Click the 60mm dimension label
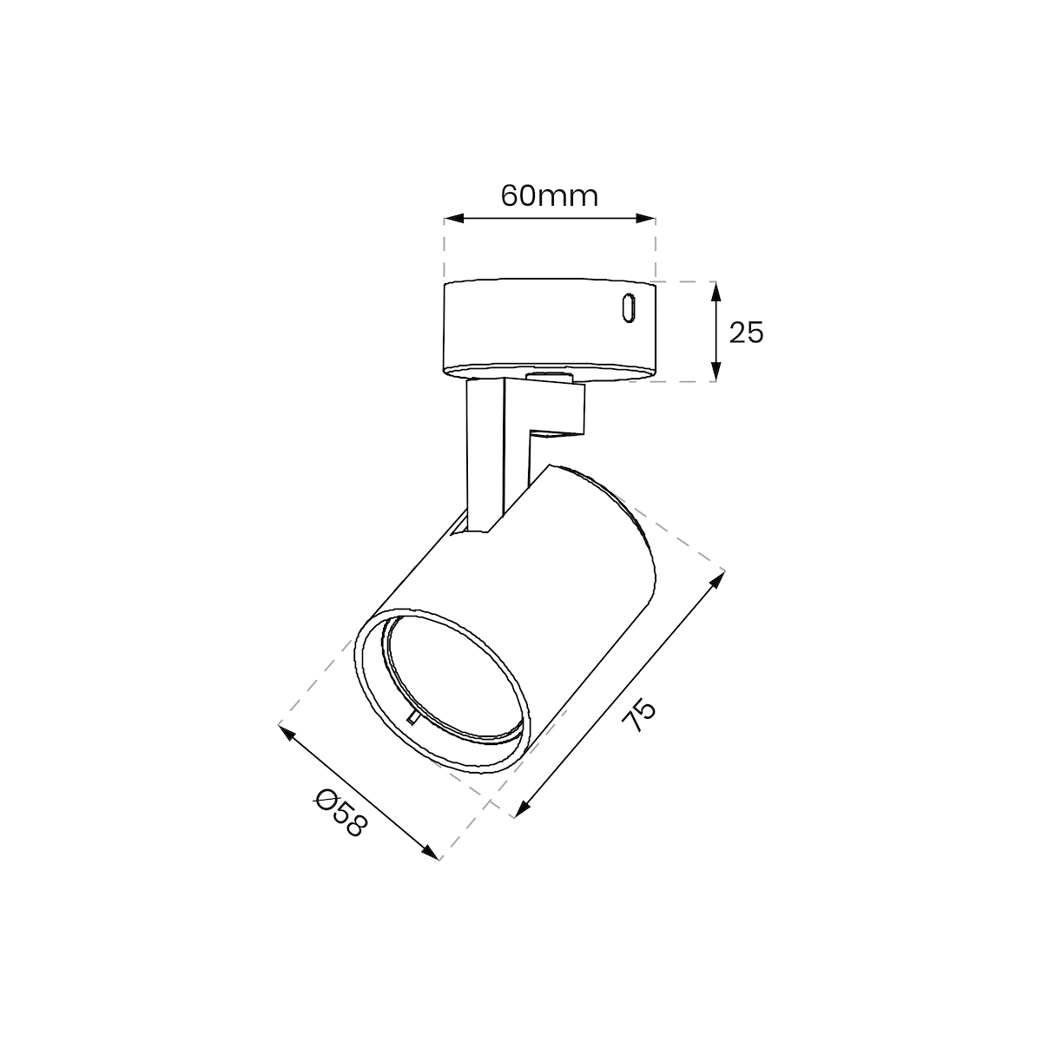click(550, 195)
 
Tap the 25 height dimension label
click(746, 333)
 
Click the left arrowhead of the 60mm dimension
click(453, 219)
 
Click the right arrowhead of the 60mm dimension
click(646, 219)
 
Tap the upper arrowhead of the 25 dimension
click(716, 292)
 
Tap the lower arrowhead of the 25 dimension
click(716, 371)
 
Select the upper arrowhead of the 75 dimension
click(717, 580)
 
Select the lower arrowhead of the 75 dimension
click(522, 823)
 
